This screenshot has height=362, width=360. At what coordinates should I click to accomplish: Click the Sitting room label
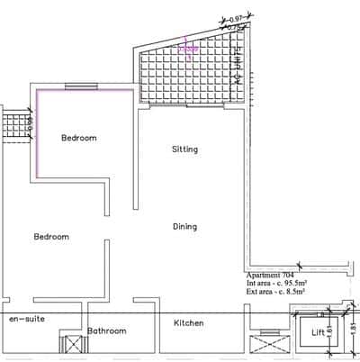coord(184,149)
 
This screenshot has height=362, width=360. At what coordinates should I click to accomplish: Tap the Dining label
coord(184,227)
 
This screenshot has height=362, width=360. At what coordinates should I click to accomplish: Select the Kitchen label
coord(187,323)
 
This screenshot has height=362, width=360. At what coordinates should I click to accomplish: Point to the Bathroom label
coord(106,331)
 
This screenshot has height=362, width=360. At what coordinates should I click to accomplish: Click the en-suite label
coord(27,320)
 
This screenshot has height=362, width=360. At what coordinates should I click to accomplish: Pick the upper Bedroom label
coord(78,138)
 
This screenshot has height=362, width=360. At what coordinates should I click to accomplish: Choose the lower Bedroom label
coord(51,237)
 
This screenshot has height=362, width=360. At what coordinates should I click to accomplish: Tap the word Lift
coord(318,332)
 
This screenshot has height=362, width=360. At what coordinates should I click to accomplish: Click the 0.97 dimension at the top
coord(238,18)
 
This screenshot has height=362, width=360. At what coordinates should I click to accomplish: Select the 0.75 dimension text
coord(235,28)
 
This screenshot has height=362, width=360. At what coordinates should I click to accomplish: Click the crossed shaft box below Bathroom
coord(70,345)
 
